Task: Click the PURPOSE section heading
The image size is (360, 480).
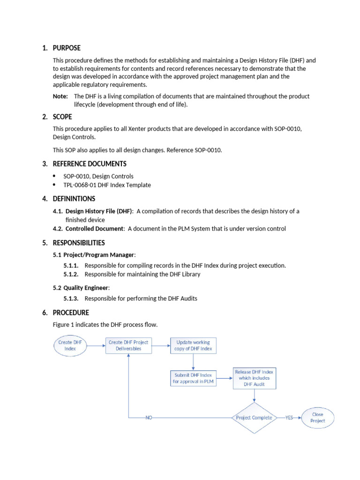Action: click(67, 48)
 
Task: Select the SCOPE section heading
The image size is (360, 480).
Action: click(62, 117)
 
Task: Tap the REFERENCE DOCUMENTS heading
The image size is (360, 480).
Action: click(90, 164)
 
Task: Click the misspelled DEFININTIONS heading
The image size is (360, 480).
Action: click(74, 199)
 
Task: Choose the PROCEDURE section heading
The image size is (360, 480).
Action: click(71, 313)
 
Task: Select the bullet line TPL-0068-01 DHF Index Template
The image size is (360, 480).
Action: click(107, 185)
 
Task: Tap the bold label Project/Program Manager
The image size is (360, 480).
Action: click(99, 255)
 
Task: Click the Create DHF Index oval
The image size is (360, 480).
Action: click(71, 345)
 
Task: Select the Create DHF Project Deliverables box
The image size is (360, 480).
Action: click(128, 345)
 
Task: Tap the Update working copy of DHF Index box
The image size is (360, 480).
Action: click(193, 345)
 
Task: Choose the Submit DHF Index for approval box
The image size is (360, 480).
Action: click(193, 378)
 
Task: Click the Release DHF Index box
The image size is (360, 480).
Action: click(255, 378)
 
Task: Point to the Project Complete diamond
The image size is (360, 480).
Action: click(255, 418)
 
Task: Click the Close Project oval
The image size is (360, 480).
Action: click(318, 418)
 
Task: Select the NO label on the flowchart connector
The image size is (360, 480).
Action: click(149, 418)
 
